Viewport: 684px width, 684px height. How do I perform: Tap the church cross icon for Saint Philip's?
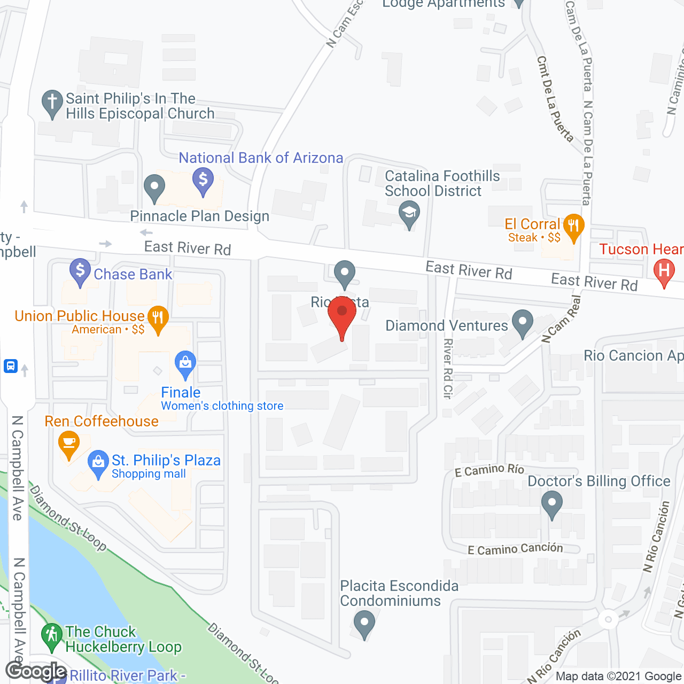[x=52, y=102]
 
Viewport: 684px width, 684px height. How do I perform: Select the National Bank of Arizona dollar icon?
[x=203, y=179]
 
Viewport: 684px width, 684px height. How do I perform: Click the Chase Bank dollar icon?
[x=80, y=270]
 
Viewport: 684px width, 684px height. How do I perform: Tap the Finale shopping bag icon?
[x=185, y=363]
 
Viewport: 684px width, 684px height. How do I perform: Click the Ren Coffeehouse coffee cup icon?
[x=68, y=443]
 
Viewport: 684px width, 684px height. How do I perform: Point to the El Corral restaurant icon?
[x=573, y=226]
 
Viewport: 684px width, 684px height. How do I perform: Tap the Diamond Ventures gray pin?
[x=523, y=322]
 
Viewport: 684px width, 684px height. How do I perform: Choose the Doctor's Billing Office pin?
[x=551, y=503]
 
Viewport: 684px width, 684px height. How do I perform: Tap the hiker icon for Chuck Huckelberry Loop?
[x=52, y=635]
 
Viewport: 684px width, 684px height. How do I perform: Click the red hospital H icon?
[x=664, y=270]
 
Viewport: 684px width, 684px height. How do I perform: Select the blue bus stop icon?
[x=11, y=366]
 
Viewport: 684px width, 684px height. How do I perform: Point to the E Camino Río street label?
[x=489, y=470]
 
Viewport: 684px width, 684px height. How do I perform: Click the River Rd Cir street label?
[x=448, y=368]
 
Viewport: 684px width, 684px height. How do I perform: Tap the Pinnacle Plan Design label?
[x=200, y=216]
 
